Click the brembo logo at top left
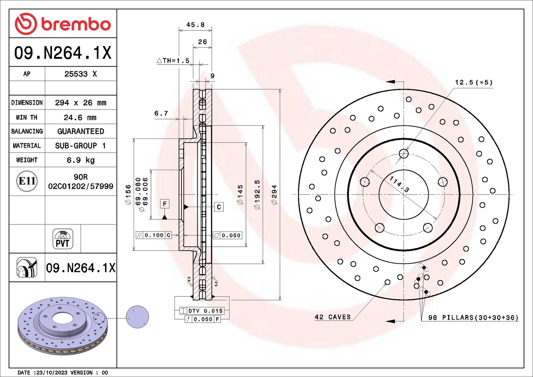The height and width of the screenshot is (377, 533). (63, 24)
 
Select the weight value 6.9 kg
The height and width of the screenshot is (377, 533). (81, 160)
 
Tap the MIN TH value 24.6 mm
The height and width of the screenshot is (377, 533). (80, 117)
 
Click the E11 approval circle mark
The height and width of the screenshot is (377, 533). (27, 181)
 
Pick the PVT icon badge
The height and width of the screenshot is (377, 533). (63, 239)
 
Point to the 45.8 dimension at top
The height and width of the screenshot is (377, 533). (195, 25)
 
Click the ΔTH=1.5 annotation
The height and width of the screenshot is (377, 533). (173, 61)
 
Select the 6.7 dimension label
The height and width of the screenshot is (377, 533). (161, 113)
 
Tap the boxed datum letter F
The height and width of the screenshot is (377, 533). (165, 204)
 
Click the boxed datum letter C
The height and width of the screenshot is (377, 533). (219, 207)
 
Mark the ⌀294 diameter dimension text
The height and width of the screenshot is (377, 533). (274, 194)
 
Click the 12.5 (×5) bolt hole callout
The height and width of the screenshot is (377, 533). (474, 82)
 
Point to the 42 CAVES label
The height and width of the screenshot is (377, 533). (333, 317)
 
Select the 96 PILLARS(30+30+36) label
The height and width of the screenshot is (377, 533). (473, 318)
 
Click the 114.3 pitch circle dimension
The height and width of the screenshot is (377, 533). (399, 184)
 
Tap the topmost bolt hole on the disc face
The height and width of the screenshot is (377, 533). (404, 154)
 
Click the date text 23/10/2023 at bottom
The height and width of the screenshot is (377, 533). (52, 372)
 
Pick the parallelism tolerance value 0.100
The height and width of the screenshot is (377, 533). (154, 235)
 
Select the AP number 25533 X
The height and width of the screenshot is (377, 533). (81, 74)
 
